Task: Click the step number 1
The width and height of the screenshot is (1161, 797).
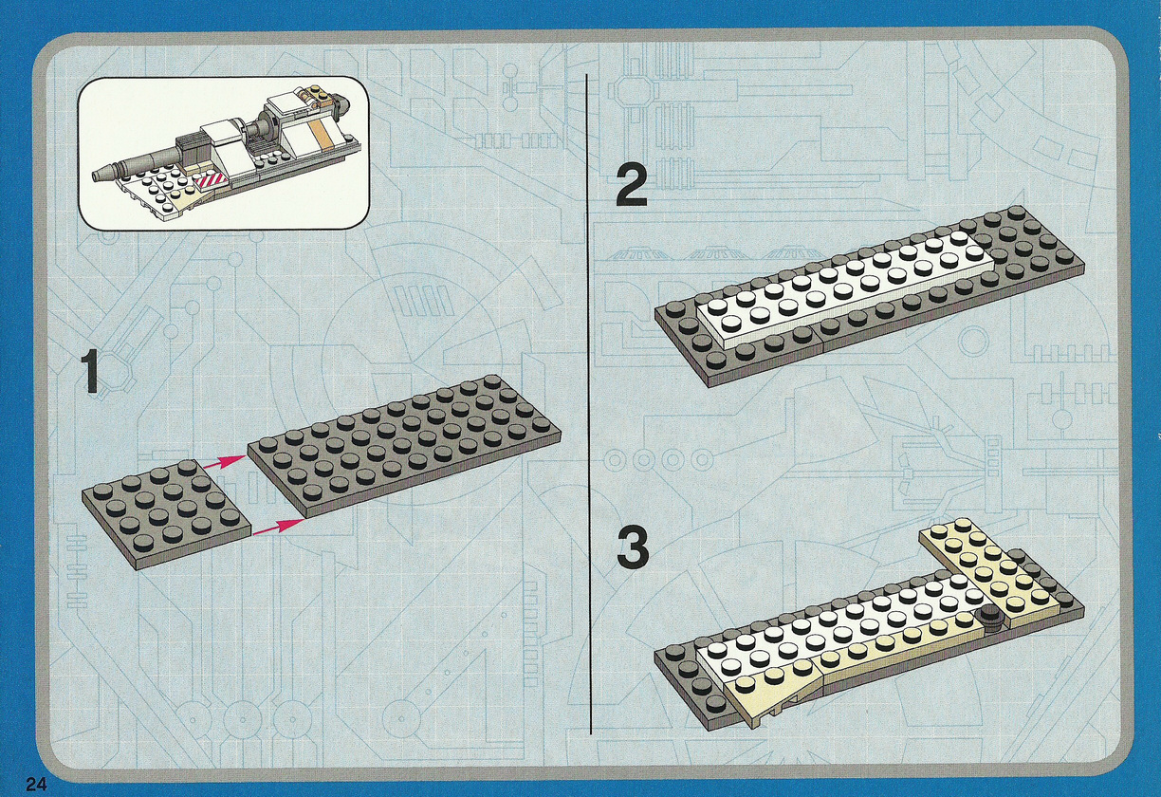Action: point(91,371)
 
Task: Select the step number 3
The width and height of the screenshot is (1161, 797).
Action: point(633,547)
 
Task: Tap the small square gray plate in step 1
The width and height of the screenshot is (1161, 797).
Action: point(167,514)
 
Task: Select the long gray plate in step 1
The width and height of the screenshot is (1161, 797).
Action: point(404,445)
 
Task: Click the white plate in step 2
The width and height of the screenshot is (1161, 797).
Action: point(845,290)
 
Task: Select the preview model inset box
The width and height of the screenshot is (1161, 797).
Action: point(224,154)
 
